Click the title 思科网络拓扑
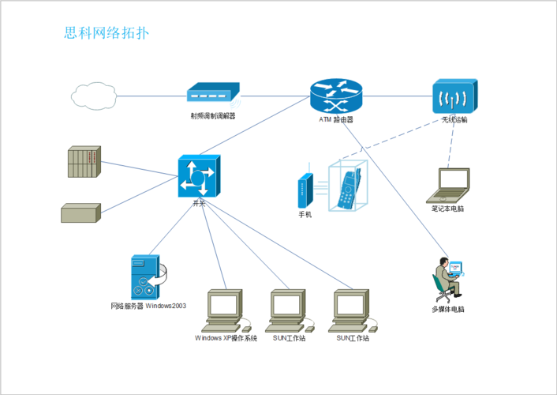pyautogui.click(x=106, y=33)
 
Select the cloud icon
pyautogui.click(x=93, y=96)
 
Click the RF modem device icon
pyautogui.click(x=212, y=95)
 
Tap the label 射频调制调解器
pyautogui.click(x=212, y=116)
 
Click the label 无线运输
pyautogui.click(x=454, y=121)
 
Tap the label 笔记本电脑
pyautogui.click(x=447, y=209)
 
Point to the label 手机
pyautogui.click(x=305, y=215)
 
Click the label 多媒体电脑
pyautogui.click(x=448, y=309)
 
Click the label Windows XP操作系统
pyautogui.click(x=226, y=338)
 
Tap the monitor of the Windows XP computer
pyautogui.click(x=224, y=305)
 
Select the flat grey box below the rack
pyautogui.click(x=80, y=213)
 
